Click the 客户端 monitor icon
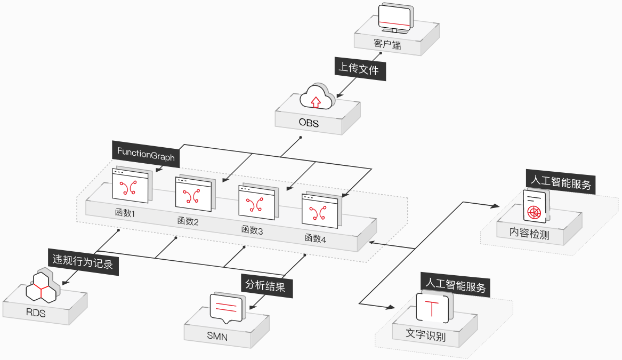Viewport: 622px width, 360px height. tap(394, 19)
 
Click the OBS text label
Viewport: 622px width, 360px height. tap(309, 124)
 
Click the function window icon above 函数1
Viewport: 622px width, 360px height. tap(131, 186)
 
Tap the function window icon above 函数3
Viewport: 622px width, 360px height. tap(257, 203)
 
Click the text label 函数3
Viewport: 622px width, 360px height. tap(252, 230)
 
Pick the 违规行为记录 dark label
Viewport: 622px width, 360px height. tap(83, 261)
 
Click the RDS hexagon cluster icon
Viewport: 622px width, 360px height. tap(44, 288)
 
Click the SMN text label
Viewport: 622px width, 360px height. tap(217, 337)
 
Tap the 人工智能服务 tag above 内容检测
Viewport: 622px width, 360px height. tap(560, 184)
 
